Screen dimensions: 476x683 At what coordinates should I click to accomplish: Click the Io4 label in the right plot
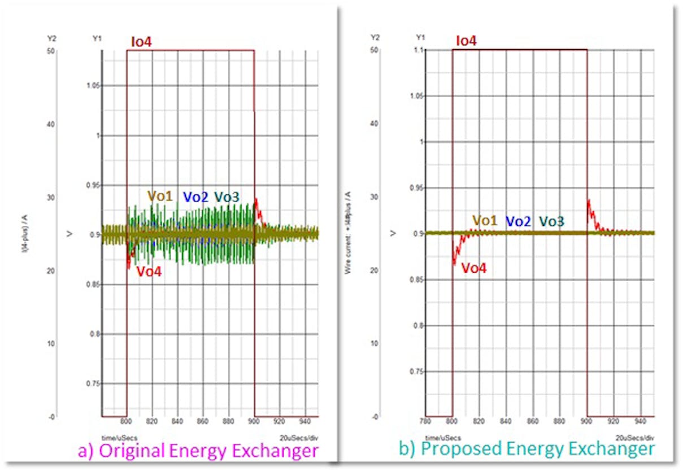466,41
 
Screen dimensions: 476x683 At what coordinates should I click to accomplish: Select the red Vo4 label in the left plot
150,272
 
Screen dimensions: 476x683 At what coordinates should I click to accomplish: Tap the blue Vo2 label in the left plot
195,197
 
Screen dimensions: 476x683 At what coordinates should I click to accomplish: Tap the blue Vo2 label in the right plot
518,221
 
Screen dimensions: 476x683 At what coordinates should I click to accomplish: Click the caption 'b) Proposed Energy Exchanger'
527,449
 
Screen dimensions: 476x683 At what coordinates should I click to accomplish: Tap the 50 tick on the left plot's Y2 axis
51,51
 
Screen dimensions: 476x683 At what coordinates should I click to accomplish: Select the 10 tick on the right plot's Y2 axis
374,343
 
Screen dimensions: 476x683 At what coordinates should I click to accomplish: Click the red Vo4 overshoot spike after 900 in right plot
589,202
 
